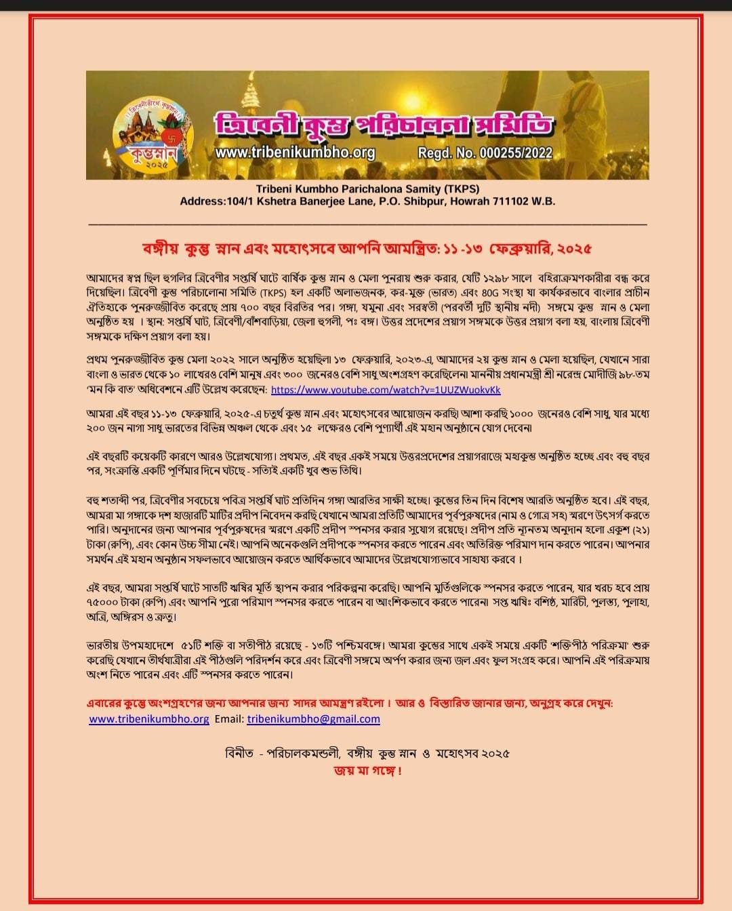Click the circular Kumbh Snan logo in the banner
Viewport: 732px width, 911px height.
click(153, 136)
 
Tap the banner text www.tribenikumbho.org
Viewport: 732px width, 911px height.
click(295, 153)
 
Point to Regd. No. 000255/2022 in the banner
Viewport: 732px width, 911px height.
click(485, 153)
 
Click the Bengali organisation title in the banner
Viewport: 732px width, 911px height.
click(384, 125)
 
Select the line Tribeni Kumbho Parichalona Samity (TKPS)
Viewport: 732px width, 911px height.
click(367, 189)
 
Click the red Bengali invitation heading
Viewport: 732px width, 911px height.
click(367, 249)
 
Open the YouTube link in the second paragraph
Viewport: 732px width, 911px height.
click(386, 390)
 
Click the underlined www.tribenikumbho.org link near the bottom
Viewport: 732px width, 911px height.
click(149, 719)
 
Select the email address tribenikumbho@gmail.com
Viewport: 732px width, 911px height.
click(313, 719)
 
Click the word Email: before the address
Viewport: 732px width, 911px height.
click(229, 719)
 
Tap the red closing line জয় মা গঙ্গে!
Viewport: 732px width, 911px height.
click(367, 771)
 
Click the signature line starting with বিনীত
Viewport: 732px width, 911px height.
click(367, 753)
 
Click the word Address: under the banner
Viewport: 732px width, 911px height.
click(203, 201)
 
